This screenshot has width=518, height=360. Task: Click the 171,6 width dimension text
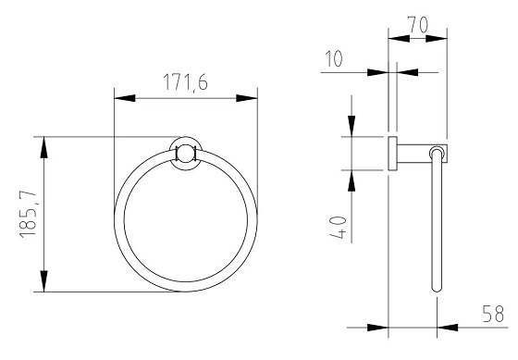pyautogui.click(x=185, y=82)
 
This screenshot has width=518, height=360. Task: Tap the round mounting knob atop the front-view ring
pyautogui.click(x=185, y=154)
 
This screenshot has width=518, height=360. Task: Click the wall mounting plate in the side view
pyautogui.click(x=391, y=154)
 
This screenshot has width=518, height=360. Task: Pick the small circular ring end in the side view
pyautogui.click(x=435, y=153)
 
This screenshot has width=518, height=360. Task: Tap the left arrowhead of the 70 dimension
pyautogui.click(x=392, y=39)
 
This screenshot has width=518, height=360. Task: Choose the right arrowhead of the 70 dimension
pyautogui.click(x=441, y=39)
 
